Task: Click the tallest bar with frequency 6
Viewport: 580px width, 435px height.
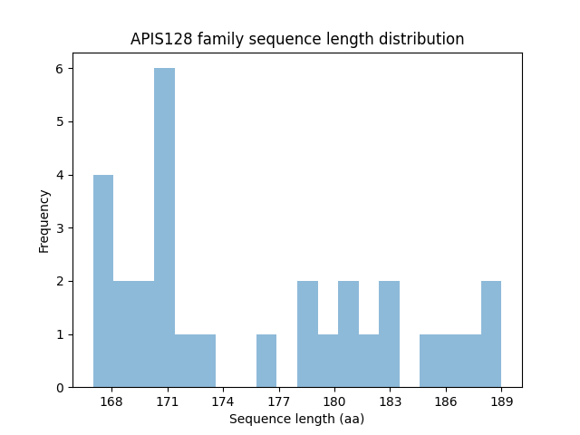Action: (164, 227)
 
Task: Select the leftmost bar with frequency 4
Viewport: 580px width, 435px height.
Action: (103, 281)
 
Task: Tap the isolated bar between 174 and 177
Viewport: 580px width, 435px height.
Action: (266, 361)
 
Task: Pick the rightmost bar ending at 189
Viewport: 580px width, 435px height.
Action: (491, 333)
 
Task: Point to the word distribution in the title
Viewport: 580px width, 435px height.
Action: (426, 39)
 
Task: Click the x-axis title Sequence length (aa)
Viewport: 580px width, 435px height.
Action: (296, 419)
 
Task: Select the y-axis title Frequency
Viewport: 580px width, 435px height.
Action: (43, 220)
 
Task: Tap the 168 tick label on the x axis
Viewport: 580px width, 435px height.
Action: (111, 401)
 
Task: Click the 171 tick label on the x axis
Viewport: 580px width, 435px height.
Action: (168, 401)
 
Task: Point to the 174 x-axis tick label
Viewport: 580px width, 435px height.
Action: (223, 401)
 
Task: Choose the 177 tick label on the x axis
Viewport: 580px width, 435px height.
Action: (279, 401)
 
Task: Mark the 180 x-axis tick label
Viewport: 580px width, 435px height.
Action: (334, 401)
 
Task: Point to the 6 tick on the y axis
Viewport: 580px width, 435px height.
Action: (59, 69)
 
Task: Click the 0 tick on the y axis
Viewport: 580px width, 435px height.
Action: (59, 388)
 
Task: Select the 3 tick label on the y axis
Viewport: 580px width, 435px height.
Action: (59, 228)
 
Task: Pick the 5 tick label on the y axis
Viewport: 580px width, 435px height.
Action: (59, 122)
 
